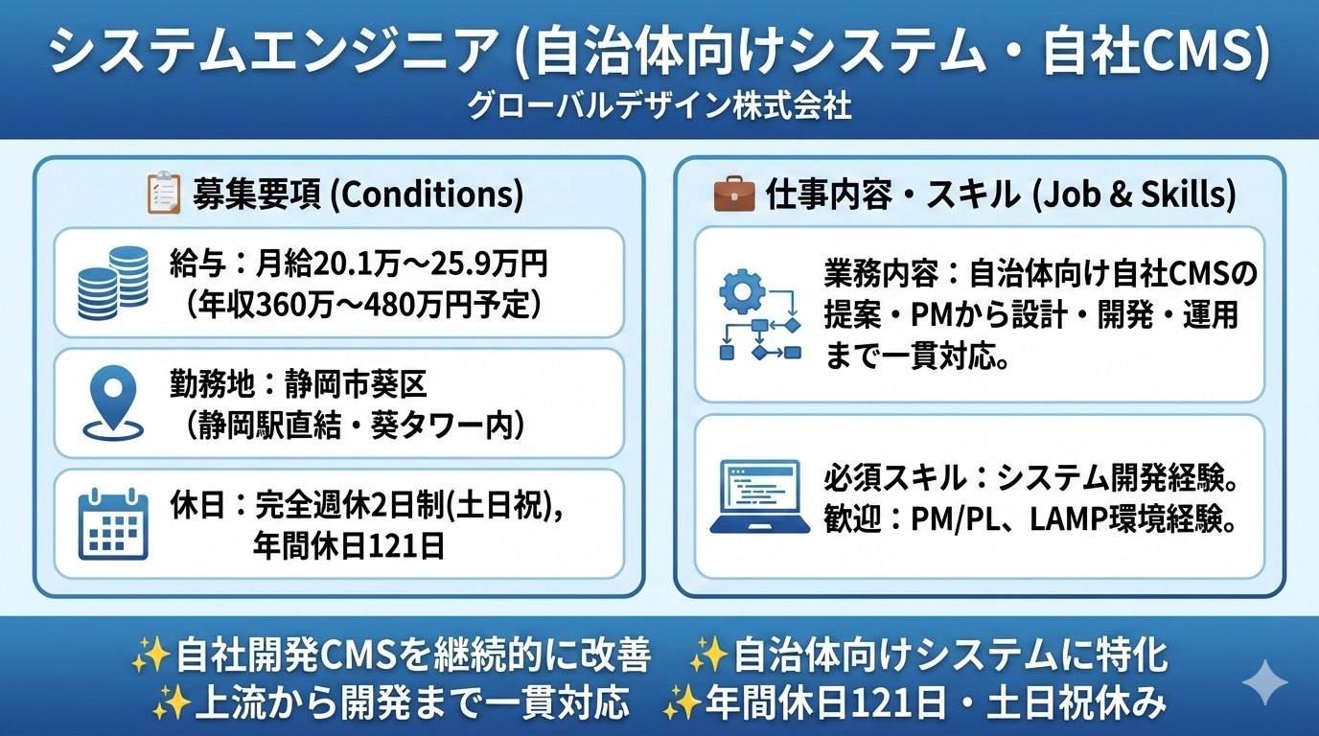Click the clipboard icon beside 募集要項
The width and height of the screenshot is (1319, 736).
(163, 192)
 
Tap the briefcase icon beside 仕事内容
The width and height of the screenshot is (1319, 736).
(733, 195)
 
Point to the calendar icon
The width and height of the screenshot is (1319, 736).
(113, 523)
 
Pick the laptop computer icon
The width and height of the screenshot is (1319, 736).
(759, 497)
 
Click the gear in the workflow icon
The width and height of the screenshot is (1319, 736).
(742, 291)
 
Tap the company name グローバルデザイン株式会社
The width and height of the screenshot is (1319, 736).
(659, 106)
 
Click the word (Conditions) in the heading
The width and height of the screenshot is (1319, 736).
(427, 194)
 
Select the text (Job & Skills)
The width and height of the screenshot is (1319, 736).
(1134, 194)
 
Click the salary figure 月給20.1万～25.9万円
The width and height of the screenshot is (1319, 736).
(402, 264)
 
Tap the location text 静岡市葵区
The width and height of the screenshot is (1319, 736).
(357, 384)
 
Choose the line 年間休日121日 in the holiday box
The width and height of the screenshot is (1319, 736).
(349, 546)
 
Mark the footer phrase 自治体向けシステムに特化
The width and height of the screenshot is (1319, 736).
(951, 655)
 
